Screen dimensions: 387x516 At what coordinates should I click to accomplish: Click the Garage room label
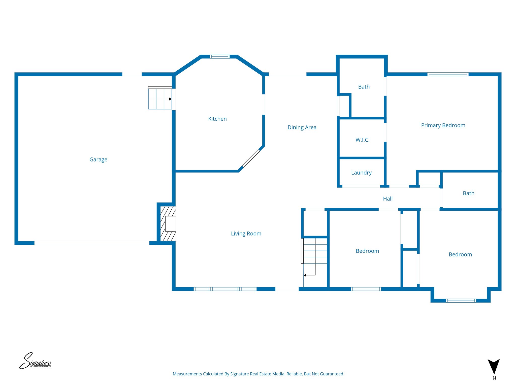tap(98, 159)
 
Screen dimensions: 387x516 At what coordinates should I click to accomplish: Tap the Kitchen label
tap(217, 119)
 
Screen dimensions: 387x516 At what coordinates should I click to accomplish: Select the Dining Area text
tap(302, 127)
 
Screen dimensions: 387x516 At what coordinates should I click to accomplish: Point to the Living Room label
tap(246, 234)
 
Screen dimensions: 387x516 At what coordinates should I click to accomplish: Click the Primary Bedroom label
tap(443, 125)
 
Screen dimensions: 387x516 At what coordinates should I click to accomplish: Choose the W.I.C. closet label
tap(362, 140)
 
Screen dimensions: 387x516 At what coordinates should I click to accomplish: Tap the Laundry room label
tap(361, 173)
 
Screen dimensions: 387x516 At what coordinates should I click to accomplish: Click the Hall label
tap(388, 199)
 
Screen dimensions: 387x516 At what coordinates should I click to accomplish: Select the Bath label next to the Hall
tap(468, 193)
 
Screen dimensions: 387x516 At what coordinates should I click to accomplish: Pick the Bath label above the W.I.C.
tap(364, 87)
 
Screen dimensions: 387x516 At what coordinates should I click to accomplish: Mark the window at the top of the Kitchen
tap(219, 57)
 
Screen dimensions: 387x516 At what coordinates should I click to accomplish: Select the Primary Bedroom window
tap(448, 74)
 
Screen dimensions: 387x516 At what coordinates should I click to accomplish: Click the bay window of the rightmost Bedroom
tap(461, 301)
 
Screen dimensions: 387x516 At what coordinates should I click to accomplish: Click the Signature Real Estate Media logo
tap(35, 361)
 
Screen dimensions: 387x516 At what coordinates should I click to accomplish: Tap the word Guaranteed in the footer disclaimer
tap(331, 374)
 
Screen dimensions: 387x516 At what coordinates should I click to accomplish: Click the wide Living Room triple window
tap(225, 289)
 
